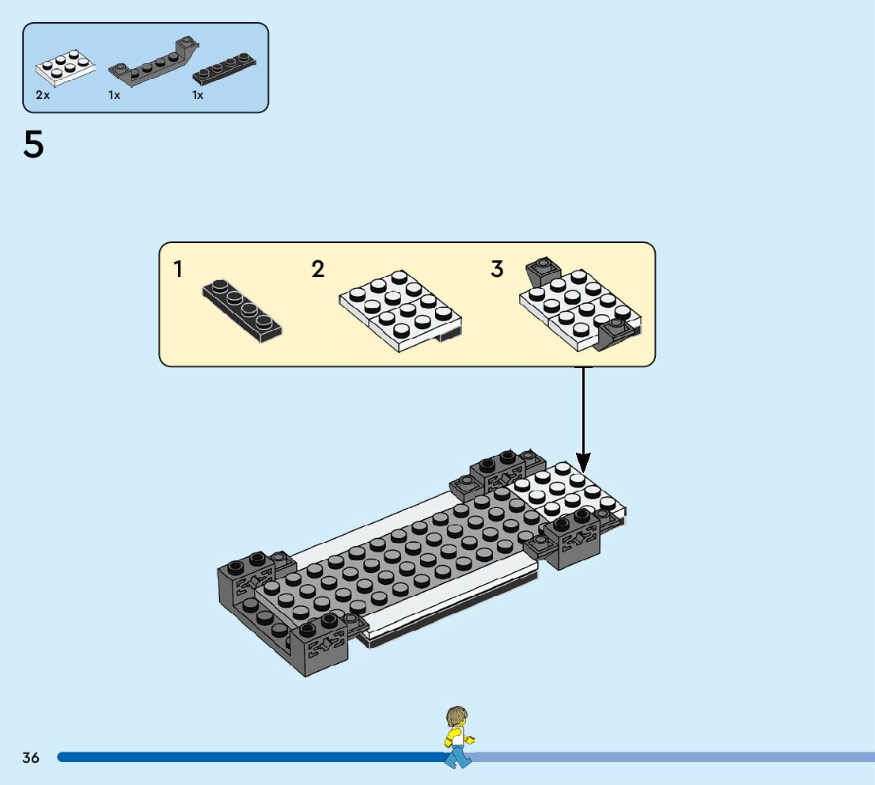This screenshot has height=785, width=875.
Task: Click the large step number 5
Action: pos(34,146)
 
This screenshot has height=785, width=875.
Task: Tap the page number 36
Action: pos(31,757)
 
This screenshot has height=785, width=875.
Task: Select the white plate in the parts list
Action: pos(66,68)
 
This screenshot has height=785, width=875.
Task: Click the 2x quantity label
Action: pos(43,95)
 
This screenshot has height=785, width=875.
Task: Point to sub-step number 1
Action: pos(178,270)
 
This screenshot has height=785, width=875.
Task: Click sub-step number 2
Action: pos(318,270)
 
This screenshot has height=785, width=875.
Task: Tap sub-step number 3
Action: pos(497,270)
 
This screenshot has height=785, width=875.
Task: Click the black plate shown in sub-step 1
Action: pos(242,308)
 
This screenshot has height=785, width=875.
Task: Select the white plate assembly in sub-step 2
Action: pos(400,309)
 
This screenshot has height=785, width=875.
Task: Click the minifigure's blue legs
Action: pos(457,757)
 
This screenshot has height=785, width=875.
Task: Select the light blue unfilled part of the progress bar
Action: pos(672,757)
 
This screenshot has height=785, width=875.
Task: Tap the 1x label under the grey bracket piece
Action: pos(115,95)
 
